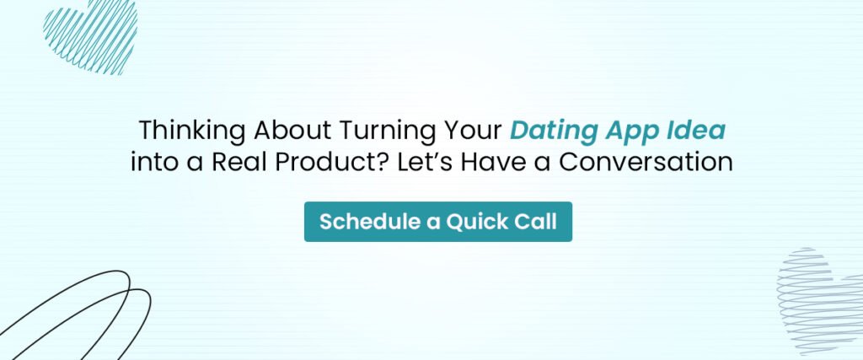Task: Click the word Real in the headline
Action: coord(243,161)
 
